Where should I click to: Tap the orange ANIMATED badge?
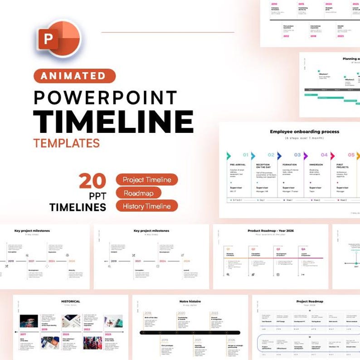[x=74, y=76]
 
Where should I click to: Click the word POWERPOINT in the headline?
[x=105, y=97]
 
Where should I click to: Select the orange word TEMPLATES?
[x=66, y=143]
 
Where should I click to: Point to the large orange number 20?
[x=92, y=181]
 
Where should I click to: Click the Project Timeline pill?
[x=146, y=180]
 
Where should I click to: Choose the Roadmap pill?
[x=138, y=193]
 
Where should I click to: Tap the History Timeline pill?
[x=146, y=206]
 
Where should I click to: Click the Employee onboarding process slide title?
[x=305, y=132]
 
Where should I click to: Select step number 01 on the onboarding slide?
[x=245, y=155]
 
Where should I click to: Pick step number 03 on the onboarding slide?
[x=297, y=155]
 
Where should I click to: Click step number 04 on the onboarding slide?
[x=324, y=155]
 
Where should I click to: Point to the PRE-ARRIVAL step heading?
[x=238, y=165]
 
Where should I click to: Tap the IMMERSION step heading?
[x=316, y=165]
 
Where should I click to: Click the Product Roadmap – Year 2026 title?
[x=271, y=231]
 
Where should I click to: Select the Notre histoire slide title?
[x=190, y=301]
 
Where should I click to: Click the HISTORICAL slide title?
[x=70, y=301]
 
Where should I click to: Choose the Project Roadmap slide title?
[x=310, y=301]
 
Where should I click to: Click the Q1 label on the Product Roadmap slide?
[x=228, y=249]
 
